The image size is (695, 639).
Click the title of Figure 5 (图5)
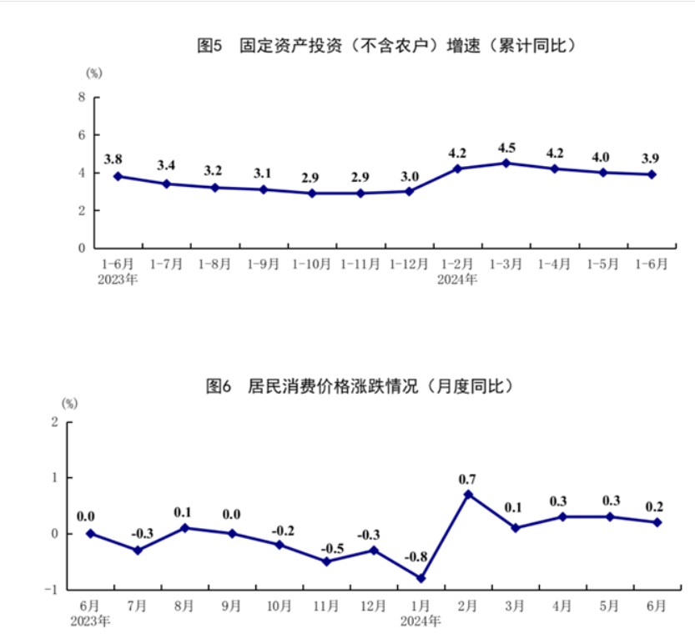(x=387, y=46)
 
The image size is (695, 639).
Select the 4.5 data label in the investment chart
(x=506, y=148)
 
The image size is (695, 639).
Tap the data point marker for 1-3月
(x=506, y=163)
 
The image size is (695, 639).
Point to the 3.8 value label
(x=113, y=158)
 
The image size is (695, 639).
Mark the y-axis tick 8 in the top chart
(x=82, y=98)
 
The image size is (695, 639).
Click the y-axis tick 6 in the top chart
(x=82, y=135)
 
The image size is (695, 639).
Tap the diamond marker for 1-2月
(x=457, y=169)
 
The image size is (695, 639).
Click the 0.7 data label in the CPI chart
(x=467, y=480)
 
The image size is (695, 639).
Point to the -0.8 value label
(x=421, y=556)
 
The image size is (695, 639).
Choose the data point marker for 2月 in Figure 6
(x=468, y=495)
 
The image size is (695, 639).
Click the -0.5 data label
(x=326, y=547)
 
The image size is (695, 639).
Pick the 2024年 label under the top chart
(x=457, y=279)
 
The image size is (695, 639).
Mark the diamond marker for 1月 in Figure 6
(x=421, y=578)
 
